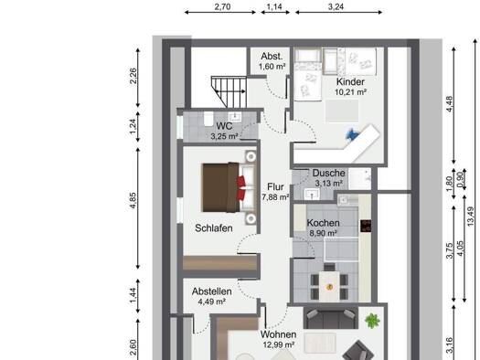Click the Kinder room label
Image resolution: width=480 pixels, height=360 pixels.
(x=350, y=82)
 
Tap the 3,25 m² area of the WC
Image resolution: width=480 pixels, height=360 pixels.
(x=224, y=136)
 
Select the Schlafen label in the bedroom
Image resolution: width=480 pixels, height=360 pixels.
(x=214, y=228)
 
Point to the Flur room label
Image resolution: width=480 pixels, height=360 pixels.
(x=275, y=186)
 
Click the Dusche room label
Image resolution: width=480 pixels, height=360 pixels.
(x=328, y=173)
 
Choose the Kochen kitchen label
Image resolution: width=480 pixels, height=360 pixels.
(x=324, y=223)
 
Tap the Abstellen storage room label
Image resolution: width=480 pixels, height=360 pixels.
(x=211, y=291)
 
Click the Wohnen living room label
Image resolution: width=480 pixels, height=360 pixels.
(x=278, y=334)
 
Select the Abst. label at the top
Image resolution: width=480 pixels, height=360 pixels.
(x=272, y=57)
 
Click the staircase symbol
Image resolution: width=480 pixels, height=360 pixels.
(x=229, y=91)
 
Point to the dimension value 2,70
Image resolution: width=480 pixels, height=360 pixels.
(x=222, y=6)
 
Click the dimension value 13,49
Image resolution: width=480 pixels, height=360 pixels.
(x=471, y=217)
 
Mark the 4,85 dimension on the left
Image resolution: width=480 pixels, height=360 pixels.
(x=133, y=201)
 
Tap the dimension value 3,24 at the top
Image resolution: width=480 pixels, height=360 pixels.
(x=336, y=6)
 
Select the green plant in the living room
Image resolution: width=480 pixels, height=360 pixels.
(x=372, y=321)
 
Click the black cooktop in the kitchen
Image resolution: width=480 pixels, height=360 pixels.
(x=366, y=226)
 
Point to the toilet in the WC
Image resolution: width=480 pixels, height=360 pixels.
(x=208, y=119)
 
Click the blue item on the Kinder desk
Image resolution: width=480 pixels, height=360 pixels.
(x=351, y=134)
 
